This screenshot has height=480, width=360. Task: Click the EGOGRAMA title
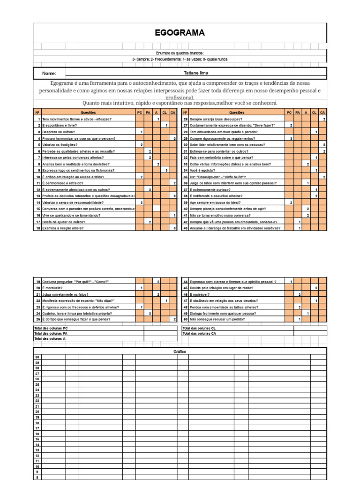click(180, 33)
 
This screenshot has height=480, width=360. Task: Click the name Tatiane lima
click(196, 73)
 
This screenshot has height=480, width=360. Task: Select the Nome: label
click(49, 74)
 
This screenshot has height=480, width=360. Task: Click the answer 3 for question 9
click(166, 171)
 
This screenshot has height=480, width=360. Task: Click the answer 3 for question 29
click(291, 138)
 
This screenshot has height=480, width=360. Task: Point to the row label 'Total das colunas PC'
click(51, 328)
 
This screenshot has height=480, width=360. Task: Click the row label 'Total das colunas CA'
click(200, 333)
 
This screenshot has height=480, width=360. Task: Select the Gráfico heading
click(180, 351)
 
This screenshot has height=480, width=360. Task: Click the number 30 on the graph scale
click(37, 357)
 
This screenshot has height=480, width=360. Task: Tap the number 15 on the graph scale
click(37, 439)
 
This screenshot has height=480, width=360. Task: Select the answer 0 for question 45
click(316, 288)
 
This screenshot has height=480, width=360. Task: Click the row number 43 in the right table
click(186, 228)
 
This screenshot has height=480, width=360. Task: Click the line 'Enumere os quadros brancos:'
click(180, 53)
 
